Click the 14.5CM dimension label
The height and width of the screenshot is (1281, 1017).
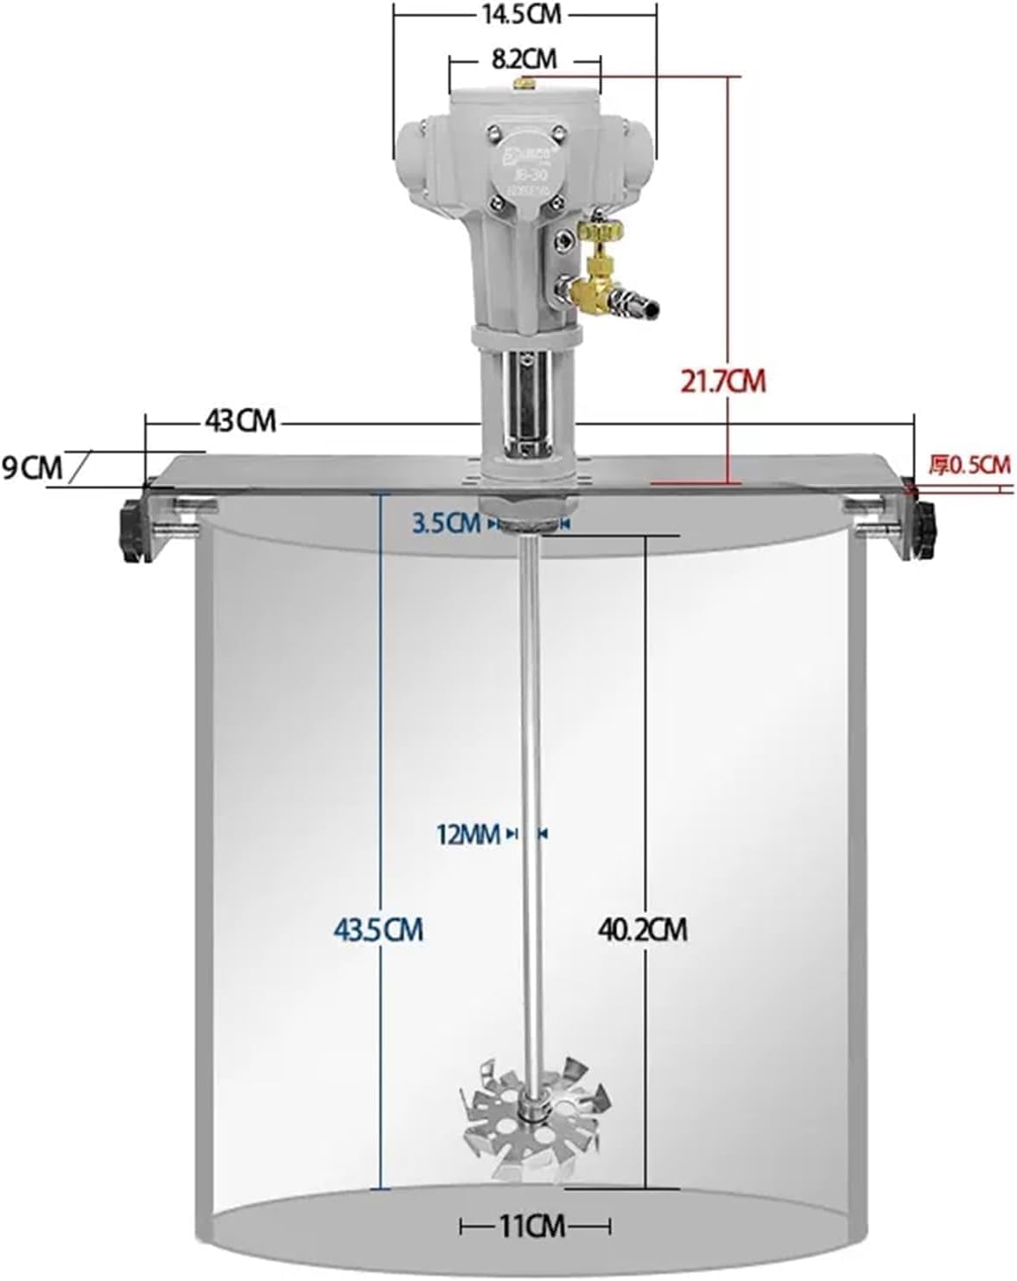pyautogui.click(x=524, y=15)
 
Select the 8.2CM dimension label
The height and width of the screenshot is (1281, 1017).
pyautogui.click(x=524, y=59)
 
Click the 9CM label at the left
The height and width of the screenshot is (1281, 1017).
pyautogui.click(x=32, y=468)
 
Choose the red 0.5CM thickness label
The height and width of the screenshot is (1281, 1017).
pyautogui.click(x=969, y=464)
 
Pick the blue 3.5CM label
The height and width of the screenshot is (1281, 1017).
pyautogui.click(x=446, y=524)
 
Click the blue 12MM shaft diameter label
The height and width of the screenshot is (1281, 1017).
pyautogui.click(x=467, y=834)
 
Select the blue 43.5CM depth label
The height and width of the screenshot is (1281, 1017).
pyautogui.click(x=378, y=930)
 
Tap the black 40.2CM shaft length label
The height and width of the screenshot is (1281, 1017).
pyautogui.click(x=642, y=930)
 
